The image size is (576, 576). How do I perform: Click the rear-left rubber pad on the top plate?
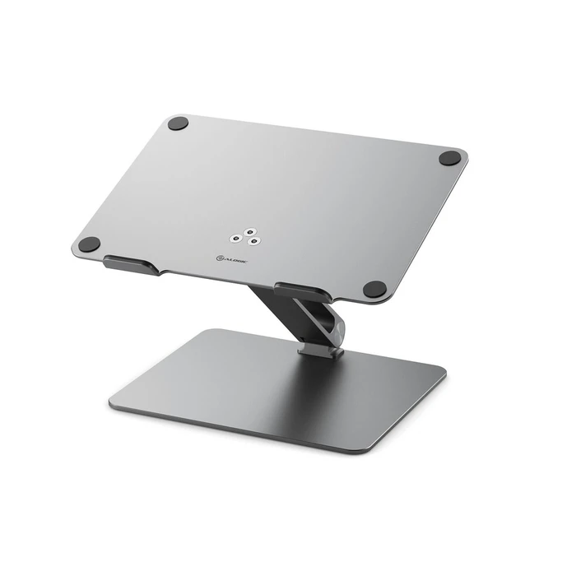coord(178,124)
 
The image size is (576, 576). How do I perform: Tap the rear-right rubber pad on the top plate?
coord(450,157)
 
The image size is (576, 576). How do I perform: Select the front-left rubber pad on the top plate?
coord(90,244)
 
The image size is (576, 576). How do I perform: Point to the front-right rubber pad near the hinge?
coord(374,289)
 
